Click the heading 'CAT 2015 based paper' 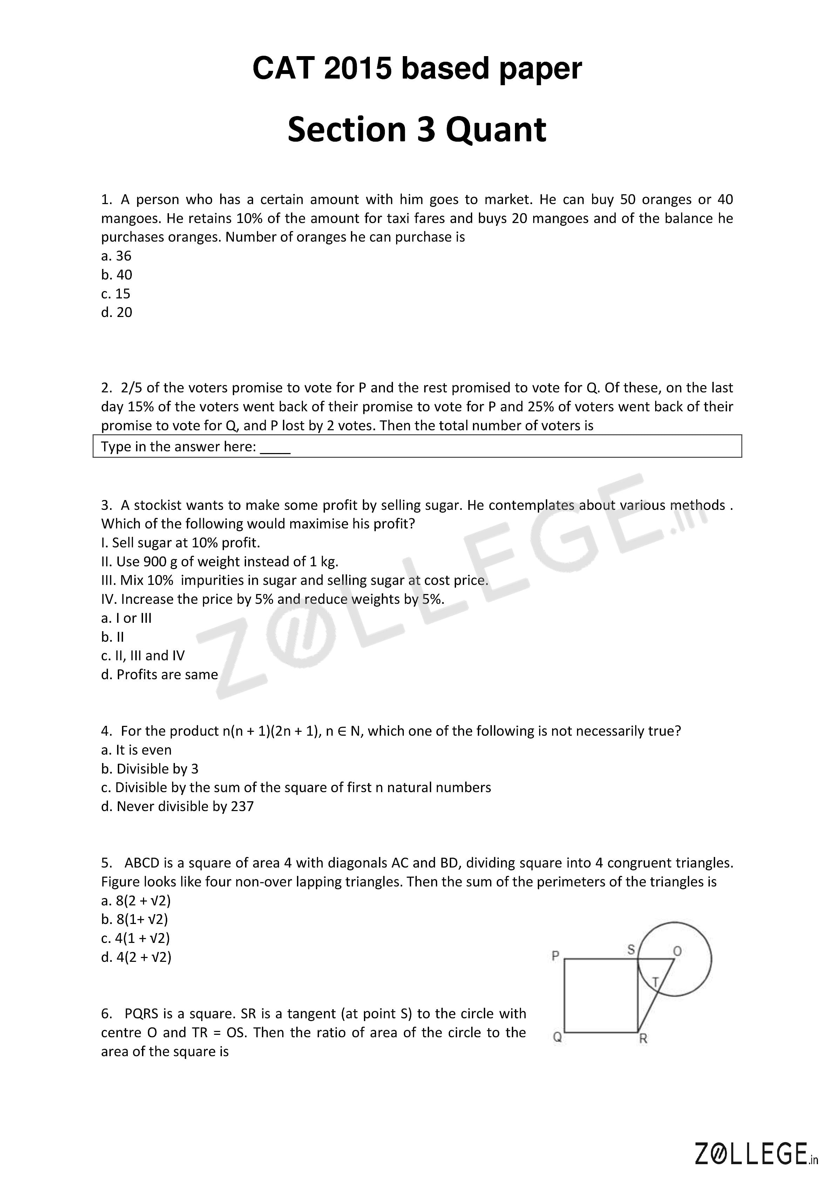click(417, 68)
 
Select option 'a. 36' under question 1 click(116, 256)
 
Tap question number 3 click(106, 505)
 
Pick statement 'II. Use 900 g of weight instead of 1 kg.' click(219, 561)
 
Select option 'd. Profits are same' click(159, 674)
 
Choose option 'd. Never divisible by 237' click(177, 806)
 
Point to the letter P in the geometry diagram click(555, 956)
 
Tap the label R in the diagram click(643, 1039)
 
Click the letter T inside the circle click(655, 982)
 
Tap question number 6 click(106, 1014)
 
